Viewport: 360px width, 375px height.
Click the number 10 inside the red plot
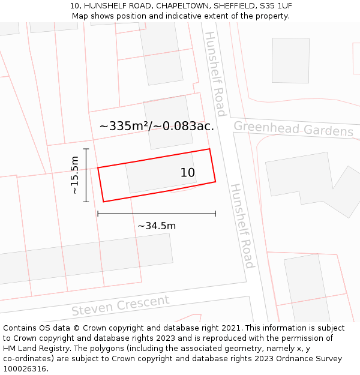click(188, 173)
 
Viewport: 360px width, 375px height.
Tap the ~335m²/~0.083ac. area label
click(157, 126)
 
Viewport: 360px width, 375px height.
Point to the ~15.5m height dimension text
click(74, 175)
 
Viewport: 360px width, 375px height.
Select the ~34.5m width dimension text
click(157, 226)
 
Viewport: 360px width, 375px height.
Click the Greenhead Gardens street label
click(293, 129)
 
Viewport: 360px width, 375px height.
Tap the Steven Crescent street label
click(120, 305)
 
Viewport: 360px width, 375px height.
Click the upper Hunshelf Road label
click(215, 73)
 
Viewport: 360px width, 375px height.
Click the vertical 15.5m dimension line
click(86, 175)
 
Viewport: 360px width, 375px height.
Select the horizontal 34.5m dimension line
click(157, 214)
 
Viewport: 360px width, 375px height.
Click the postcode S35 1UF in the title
click(276, 6)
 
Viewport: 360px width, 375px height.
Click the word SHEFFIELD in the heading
click(233, 6)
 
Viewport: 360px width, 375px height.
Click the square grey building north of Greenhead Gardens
click(290, 61)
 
